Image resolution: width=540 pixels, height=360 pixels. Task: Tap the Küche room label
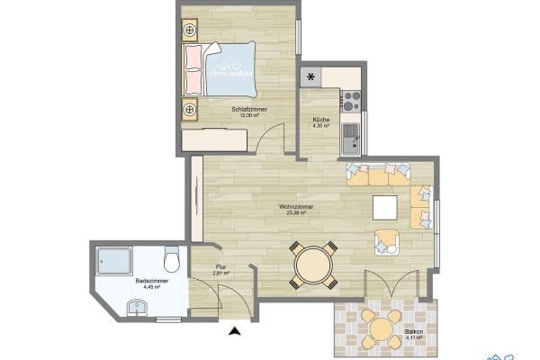(321, 120)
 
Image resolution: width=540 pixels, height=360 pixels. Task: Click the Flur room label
(219, 266)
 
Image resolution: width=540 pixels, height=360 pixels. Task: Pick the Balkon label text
(414, 332)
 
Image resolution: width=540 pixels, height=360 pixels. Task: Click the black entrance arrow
(236, 332)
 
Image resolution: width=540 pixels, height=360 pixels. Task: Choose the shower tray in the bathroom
(112, 260)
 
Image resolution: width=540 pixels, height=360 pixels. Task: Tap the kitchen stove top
(352, 96)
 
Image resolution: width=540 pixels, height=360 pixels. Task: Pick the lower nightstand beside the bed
(190, 109)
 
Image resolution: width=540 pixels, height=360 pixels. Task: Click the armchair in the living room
(387, 240)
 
